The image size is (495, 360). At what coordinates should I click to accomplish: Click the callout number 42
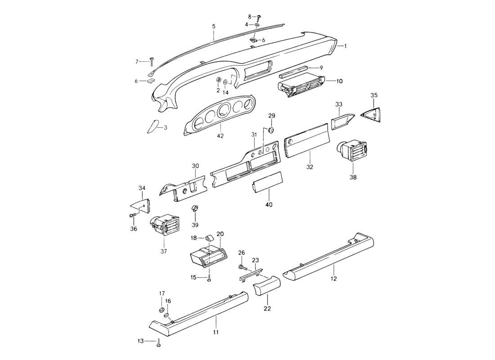pos(220,135)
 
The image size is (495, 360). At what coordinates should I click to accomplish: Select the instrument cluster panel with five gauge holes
pos(220,116)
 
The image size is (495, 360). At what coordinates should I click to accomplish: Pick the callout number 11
pos(216,332)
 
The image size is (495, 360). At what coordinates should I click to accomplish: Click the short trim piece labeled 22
pos(266,287)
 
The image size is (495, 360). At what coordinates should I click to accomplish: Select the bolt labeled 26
pos(241,267)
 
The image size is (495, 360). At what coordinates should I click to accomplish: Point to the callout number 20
pos(220,234)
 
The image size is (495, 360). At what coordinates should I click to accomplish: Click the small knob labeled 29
pos(271,130)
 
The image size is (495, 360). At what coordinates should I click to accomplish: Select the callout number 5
pos(214,27)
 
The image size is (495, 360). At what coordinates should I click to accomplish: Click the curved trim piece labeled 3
pos(154,126)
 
